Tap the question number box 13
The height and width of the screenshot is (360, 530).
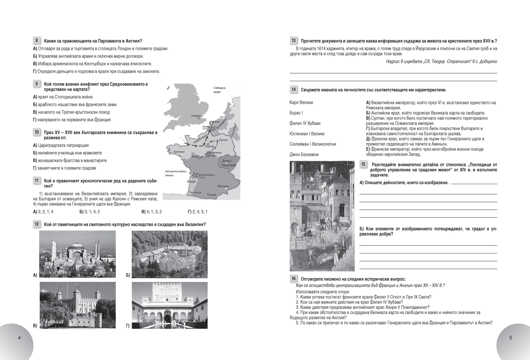tap(294, 40)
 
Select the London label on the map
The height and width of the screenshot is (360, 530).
tap(196, 115)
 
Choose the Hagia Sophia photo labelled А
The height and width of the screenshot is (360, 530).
tap(77, 254)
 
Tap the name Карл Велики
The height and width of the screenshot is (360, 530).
tap(301, 102)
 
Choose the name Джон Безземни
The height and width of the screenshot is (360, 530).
tap(304, 155)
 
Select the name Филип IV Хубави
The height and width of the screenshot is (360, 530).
tap(305, 123)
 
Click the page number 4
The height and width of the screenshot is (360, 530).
tap(19, 338)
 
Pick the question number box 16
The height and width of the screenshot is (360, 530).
tap(294, 279)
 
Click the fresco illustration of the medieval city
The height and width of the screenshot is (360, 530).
tap(322, 216)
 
